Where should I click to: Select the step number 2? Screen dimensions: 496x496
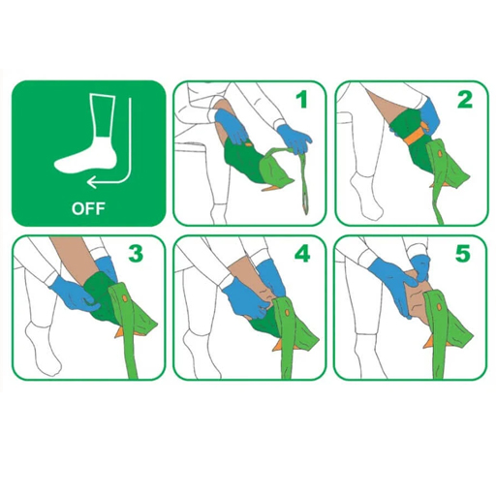[464, 99]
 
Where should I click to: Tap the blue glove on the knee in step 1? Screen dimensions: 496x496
[230, 123]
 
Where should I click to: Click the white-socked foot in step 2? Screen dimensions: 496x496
[366, 199]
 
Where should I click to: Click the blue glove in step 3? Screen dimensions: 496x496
[73, 291]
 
